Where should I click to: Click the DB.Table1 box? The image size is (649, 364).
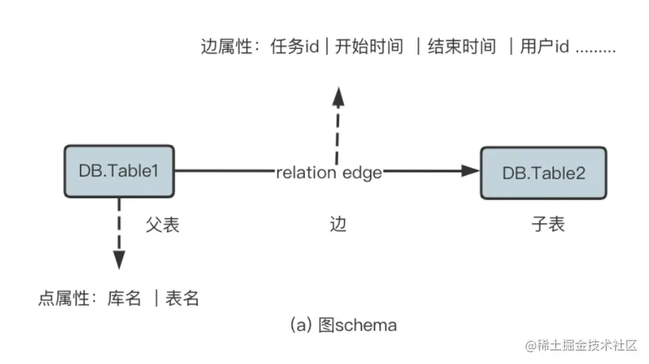(119, 171)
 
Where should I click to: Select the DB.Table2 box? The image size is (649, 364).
(543, 173)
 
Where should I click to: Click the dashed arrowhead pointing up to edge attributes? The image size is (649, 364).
(339, 97)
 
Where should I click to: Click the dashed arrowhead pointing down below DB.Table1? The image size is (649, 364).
(119, 259)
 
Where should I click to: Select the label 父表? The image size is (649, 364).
(163, 225)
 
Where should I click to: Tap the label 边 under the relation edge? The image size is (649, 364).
(338, 225)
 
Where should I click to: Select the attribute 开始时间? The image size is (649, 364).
(369, 48)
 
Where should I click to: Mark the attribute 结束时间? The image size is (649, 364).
(462, 48)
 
